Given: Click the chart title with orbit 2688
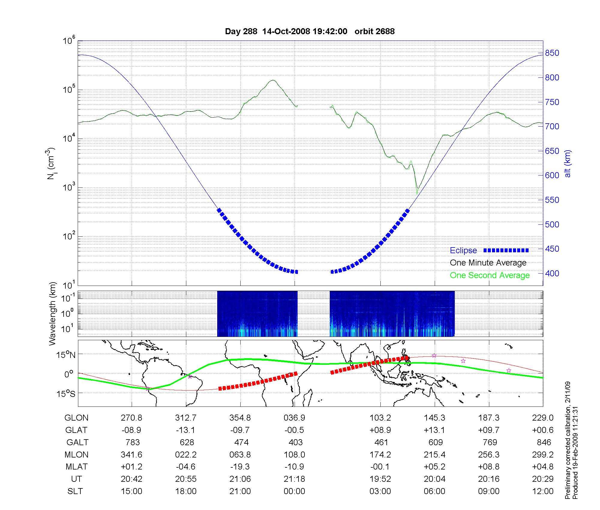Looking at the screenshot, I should tap(310, 31).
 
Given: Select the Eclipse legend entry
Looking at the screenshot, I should tap(463, 250).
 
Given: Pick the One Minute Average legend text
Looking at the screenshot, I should tap(488, 263).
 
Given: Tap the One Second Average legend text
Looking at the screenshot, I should tap(490, 275).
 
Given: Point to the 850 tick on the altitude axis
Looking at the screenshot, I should tap(552, 53).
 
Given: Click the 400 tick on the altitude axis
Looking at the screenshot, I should tap(552, 273).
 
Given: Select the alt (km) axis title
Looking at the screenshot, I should tap(568, 163).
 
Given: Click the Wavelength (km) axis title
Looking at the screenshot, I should tap(52, 313).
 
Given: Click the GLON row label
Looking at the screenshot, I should tap(76, 418).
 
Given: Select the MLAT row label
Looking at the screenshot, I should tap(76, 467).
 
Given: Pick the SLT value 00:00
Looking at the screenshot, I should tap(294, 491).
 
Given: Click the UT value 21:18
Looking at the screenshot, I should tap(294, 479).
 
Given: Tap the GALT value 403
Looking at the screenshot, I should tap(295, 442).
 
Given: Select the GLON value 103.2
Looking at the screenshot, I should tap(380, 418).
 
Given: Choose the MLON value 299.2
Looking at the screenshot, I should tap(543, 454).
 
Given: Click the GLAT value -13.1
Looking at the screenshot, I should tap(186, 430).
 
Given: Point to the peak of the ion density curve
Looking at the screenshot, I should tap(273, 80).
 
